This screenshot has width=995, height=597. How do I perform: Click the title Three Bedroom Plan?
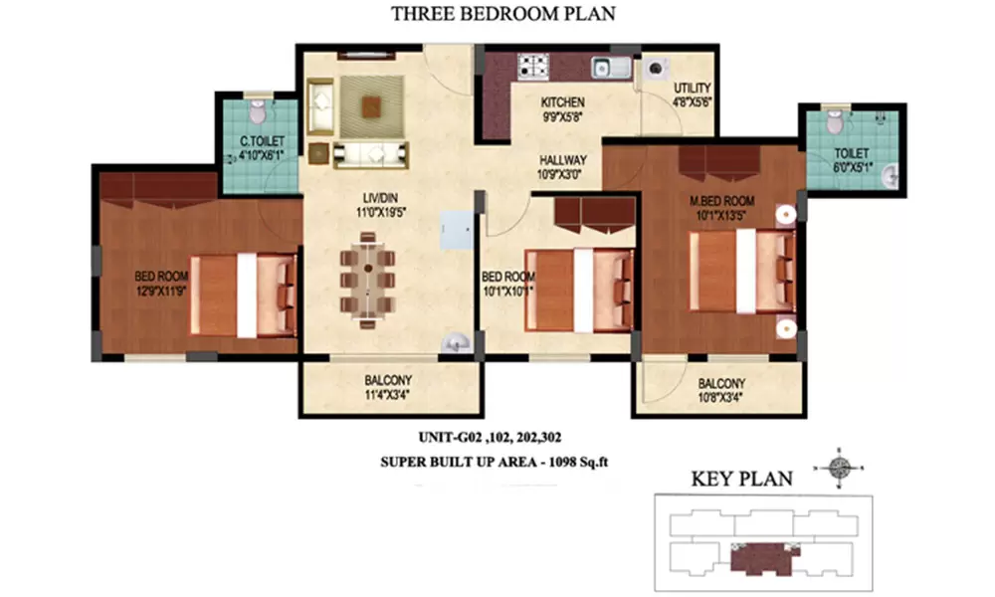[x=502, y=13]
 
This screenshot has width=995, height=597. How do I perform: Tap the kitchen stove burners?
[x=533, y=67]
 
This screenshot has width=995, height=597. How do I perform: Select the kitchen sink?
[x=612, y=67]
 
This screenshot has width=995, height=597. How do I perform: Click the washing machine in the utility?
[x=657, y=68]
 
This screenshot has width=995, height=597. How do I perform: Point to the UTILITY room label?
[x=693, y=89]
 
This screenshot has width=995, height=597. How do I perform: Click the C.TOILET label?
[x=262, y=141]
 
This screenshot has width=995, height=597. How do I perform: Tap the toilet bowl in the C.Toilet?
[x=258, y=111]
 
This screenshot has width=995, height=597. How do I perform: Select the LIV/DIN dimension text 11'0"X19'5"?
[x=381, y=213]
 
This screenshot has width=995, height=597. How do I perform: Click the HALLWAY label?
[x=563, y=160]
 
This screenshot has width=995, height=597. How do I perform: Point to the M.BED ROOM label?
[x=722, y=201]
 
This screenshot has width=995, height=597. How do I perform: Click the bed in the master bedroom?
[x=742, y=271]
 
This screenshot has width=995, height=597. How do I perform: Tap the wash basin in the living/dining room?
[x=457, y=342]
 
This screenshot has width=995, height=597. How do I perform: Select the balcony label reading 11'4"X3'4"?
[x=387, y=395]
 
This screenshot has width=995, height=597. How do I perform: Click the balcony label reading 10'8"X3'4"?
[x=720, y=398]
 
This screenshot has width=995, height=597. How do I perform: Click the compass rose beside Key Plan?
[x=839, y=469]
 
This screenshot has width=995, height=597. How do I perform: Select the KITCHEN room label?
[x=563, y=102]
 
